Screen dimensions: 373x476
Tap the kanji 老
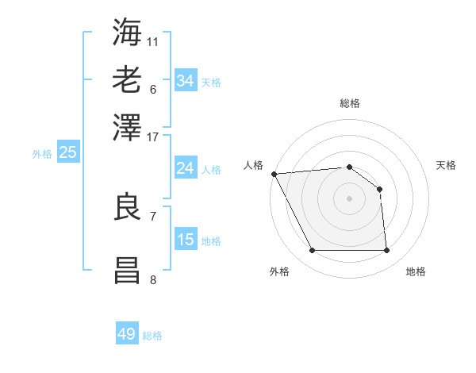[128, 79]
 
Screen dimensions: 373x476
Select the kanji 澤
[128, 127]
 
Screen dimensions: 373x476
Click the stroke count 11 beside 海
[153, 41]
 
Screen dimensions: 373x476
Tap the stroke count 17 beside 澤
[153, 137]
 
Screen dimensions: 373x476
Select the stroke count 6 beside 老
[153, 89]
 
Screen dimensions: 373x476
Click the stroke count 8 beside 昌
[153, 279]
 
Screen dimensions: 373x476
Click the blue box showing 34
[185, 80]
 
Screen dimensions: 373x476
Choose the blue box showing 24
[185, 168]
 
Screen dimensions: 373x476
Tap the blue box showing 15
[185, 240]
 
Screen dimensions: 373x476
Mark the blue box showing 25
[67, 152]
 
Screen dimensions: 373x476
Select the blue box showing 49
[127, 334]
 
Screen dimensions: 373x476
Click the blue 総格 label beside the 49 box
[152, 336]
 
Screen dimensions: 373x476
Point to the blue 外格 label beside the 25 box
[42, 154]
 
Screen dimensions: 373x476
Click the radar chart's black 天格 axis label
[447, 165]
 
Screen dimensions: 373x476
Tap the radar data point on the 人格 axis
[274, 174]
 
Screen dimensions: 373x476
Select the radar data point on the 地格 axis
[387, 251]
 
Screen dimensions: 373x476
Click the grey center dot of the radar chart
[349, 198]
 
